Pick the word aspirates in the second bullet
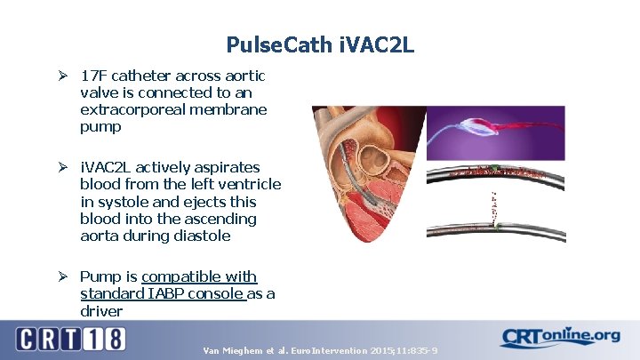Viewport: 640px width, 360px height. pyautogui.click(x=228, y=168)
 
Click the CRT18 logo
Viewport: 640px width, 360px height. pyautogui.click(x=71, y=339)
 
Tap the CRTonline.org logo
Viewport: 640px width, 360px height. pyautogui.click(x=560, y=338)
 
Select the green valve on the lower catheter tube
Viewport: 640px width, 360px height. pyautogui.click(x=498, y=227)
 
